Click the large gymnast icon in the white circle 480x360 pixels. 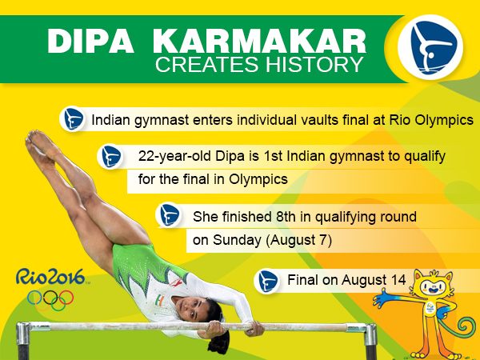429,46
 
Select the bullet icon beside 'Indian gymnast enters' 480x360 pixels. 74,119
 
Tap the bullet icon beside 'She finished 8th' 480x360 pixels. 168,215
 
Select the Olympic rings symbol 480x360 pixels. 51,298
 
